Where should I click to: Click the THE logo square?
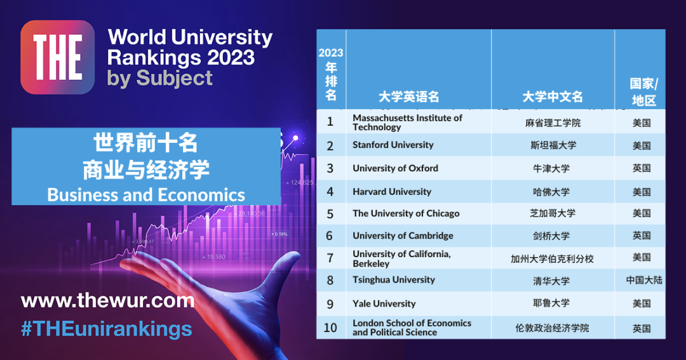pos(57,57)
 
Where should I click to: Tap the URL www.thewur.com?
pos(107,300)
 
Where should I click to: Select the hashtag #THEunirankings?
pos(106,328)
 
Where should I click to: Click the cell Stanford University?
pos(393,145)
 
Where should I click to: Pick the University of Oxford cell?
pos(395,168)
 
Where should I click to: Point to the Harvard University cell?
pos(392,192)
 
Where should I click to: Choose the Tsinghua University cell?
pos(394,280)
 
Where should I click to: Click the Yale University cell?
pos(384,303)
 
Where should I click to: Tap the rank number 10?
pos(330,328)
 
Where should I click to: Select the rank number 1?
pos(330,122)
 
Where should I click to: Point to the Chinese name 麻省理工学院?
pos(553,123)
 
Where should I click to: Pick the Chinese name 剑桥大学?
pos(553,236)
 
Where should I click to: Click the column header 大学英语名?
pos(408,97)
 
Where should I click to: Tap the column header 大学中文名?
pos(553,97)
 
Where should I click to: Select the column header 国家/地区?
pos(643,92)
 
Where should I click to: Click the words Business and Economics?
pos(146,194)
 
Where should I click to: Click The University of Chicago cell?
pos(406,213)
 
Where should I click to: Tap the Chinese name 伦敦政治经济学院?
pos(553,328)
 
